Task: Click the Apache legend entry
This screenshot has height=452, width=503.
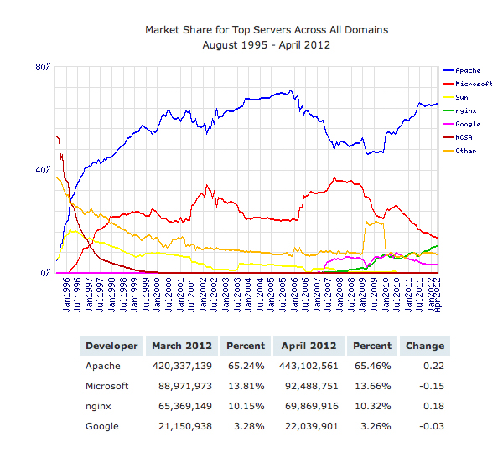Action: (466, 71)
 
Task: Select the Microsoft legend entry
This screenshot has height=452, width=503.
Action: (469, 85)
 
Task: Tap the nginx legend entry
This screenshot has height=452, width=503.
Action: (464, 110)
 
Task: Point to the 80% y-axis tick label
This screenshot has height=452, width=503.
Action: (44, 67)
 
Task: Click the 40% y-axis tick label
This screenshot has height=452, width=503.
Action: (44, 170)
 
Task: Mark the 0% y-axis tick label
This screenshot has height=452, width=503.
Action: (46, 273)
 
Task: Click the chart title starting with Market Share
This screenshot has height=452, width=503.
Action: (267, 30)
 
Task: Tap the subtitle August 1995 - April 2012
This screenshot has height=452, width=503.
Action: (267, 45)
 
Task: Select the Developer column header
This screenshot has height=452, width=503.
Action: (111, 346)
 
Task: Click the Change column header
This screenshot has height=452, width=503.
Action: (425, 346)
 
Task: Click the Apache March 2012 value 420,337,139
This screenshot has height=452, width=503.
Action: (180, 366)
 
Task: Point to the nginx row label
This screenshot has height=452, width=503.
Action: (99, 406)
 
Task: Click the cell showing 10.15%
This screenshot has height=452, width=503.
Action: (247, 406)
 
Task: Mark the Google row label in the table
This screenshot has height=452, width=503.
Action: (101, 426)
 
